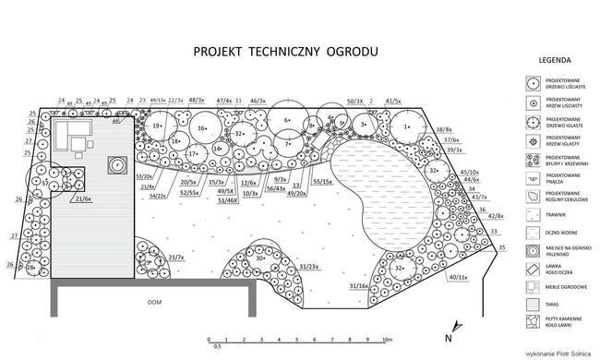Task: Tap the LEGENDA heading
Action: tap(551, 62)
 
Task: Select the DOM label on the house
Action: tap(154, 302)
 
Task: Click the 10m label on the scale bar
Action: tap(389, 341)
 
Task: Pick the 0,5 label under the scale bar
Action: tap(218, 347)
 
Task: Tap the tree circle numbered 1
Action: tap(406, 126)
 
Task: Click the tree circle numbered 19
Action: tap(158, 126)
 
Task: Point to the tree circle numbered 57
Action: tap(44, 183)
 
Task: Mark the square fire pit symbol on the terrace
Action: tap(118, 163)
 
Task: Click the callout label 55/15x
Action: tap(323, 182)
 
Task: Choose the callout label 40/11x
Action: tap(459, 277)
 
